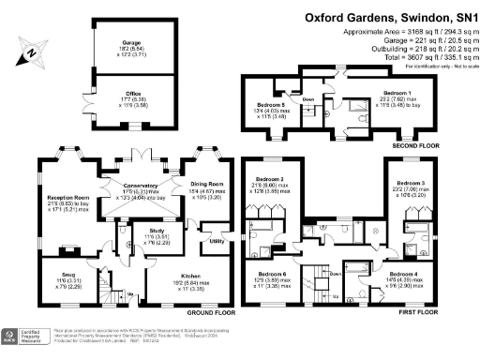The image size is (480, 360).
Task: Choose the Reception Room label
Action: point(67,199)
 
